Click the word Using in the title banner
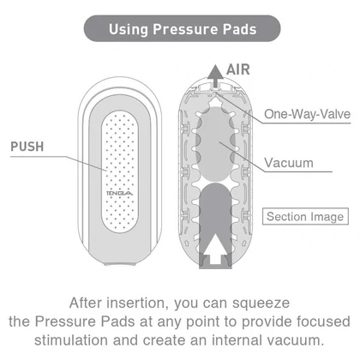pyautogui.click(x=129, y=29)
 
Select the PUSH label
pyautogui.click(x=27, y=147)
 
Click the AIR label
pyautogui.click(x=238, y=69)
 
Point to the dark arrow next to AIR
pyautogui.click(x=215, y=76)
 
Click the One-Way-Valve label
pyautogui.click(x=307, y=114)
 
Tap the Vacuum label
pyautogui.click(x=289, y=163)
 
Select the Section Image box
pyautogui.click(x=305, y=216)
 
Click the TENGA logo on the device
pyautogui.click(x=119, y=194)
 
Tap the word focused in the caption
pyautogui.click(x=323, y=321)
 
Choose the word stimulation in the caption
pyautogui.click(x=71, y=340)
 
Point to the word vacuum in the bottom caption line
pyautogui.click(x=296, y=340)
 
